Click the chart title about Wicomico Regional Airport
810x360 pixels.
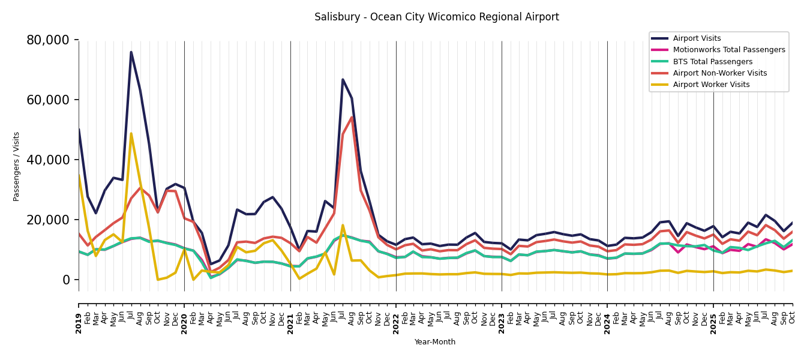point(436,17)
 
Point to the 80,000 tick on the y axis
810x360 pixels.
point(48,40)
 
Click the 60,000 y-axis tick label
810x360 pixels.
point(48,100)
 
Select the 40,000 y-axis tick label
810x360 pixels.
point(48,160)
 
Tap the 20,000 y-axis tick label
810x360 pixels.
point(48,220)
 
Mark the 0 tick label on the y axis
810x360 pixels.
point(66,280)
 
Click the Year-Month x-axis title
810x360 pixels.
point(435,342)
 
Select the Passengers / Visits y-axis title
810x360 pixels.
point(17,166)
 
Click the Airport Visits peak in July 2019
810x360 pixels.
point(131,52)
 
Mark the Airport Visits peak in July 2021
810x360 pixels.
point(343,79)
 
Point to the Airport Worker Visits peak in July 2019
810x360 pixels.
point(131,133)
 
